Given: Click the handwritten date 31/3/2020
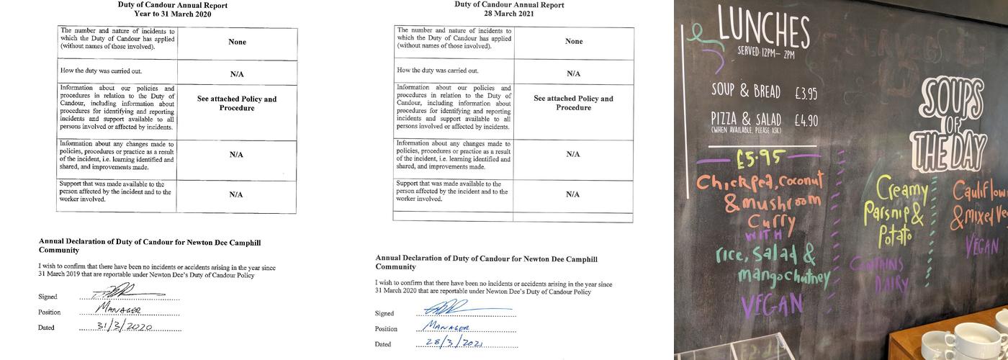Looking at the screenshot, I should click(125, 326).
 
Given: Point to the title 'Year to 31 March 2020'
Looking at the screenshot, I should click(172, 14).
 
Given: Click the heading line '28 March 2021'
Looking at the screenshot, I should click(508, 14).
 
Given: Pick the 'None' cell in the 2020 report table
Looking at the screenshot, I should click(237, 42).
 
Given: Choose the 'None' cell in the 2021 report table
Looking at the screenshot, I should click(574, 41).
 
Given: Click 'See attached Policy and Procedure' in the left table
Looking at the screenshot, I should click(237, 103).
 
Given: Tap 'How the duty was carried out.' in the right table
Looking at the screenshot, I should click(437, 71).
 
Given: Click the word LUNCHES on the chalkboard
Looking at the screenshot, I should click(764, 30).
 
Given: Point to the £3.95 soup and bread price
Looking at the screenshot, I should click(806, 93).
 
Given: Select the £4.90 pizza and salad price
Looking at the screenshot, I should click(806, 120).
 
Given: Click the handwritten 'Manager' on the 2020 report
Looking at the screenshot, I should click(119, 310).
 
